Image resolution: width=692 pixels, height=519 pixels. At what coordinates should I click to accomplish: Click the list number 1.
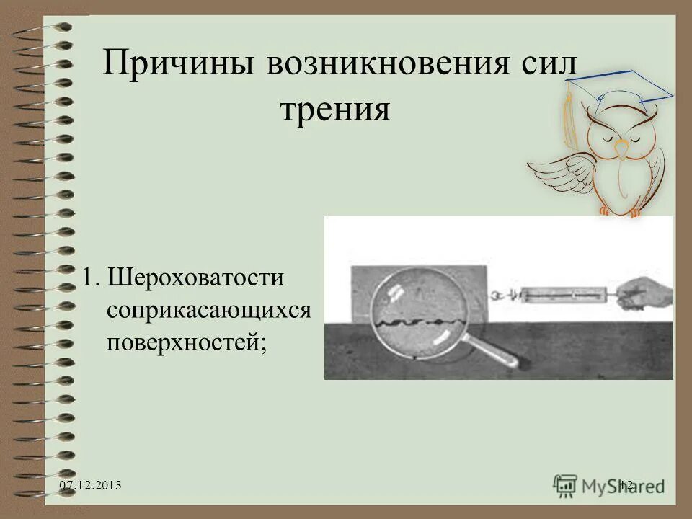(x=87, y=277)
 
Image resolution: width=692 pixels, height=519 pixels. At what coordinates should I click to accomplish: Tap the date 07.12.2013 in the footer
(x=90, y=487)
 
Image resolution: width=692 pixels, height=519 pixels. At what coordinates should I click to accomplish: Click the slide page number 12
(x=625, y=487)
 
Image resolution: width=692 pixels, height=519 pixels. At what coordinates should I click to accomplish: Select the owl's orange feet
(x=620, y=211)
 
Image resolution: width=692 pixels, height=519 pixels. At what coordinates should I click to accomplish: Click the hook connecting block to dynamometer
(x=505, y=294)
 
